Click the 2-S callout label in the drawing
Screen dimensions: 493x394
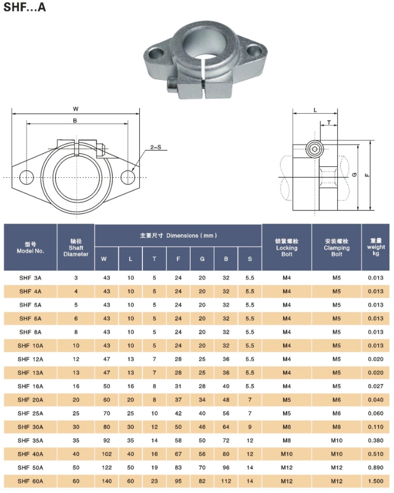tap(155, 147)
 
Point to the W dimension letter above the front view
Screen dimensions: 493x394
tap(76, 109)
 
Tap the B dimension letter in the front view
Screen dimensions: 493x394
tap(75, 120)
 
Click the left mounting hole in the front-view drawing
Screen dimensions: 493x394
tap(26, 177)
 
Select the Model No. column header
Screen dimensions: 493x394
tap(30, 247)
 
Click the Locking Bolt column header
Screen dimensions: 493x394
tap(286, 247)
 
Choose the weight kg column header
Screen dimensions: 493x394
tap(376, 247)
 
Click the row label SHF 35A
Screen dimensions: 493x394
tap(30, 440)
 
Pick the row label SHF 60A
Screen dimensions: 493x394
tap(30, 481)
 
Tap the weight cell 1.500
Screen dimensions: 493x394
tap(376, 481)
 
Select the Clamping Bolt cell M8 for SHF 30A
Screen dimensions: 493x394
tap(336, 427)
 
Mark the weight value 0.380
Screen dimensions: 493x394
tap(376, 440)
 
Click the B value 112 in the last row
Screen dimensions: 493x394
tap(226, 481)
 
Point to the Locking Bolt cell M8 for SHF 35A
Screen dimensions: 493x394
tap(286, 440)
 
